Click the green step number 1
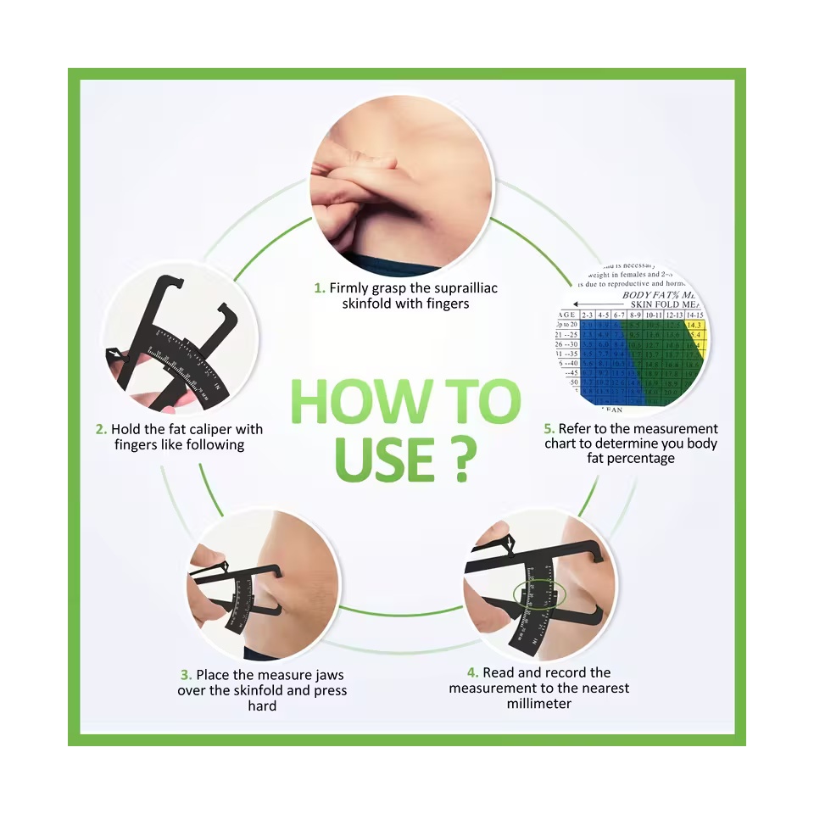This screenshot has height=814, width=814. (319, 288)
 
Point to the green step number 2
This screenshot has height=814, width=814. (100, 429)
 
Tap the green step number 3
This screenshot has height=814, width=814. (185, 675)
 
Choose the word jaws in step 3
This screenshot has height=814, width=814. (326, 675)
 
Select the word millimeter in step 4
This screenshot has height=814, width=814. (538, 704)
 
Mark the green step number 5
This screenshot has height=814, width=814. (549, 429)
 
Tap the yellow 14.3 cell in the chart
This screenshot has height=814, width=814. (694, 325)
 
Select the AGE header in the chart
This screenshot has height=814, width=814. (566, 314)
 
